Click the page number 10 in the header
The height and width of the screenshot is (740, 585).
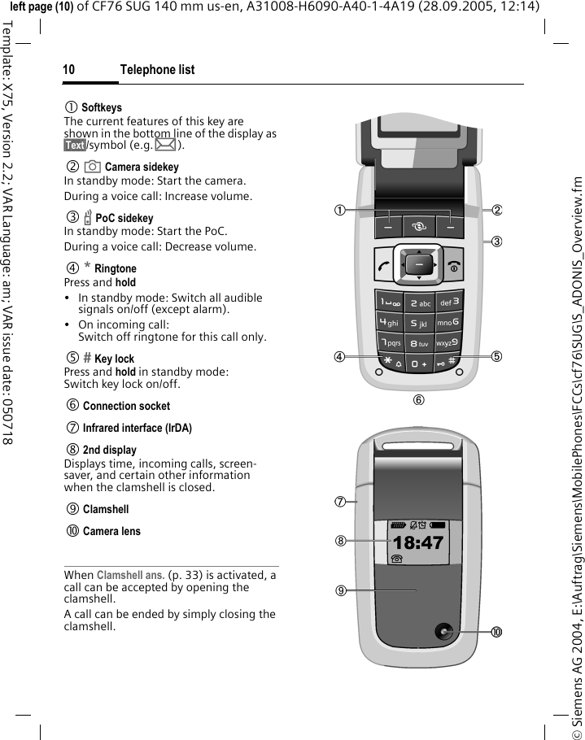[69, 70]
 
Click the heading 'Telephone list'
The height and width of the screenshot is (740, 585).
[157, 70]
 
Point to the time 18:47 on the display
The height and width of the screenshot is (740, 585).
[419, 542]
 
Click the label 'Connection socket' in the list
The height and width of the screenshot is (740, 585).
[126, 406]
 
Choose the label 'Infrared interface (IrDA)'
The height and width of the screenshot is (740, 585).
[137, 428]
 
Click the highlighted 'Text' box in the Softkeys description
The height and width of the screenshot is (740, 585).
[75, 146]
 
